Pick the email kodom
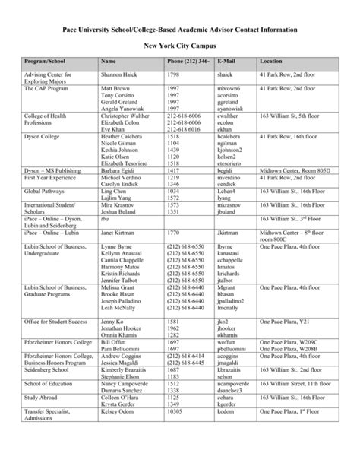[x=226, y=433]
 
